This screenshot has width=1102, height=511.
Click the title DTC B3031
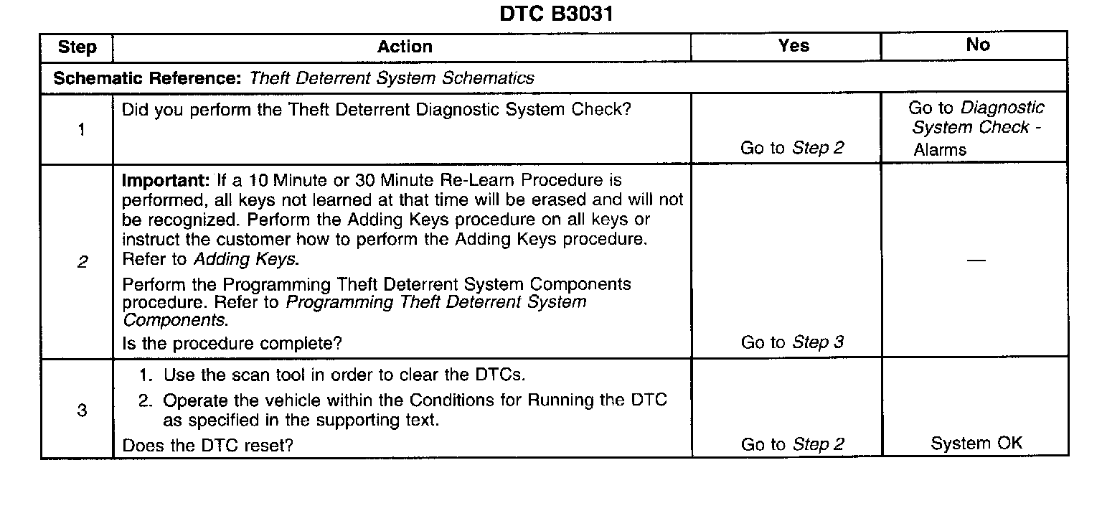(556, 14)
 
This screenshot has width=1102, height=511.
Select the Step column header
(77, 47)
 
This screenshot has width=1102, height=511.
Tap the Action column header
(405, 47)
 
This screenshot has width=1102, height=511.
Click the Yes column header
(794, 45)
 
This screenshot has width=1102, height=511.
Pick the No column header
(978, 44)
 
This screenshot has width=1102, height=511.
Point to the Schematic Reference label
(146, 78)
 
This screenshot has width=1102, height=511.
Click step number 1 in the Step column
(81, 130)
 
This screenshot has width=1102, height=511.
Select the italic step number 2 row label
(81, 263)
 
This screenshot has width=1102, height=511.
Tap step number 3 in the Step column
(81, 411)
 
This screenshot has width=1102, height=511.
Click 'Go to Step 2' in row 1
(792, 148)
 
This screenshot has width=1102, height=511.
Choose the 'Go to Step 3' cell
(792, 342)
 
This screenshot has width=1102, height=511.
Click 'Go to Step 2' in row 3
(792, 445)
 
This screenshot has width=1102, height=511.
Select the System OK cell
(976, 444)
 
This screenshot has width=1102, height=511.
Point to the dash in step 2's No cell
(976, 260)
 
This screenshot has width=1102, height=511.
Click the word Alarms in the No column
(940, 150)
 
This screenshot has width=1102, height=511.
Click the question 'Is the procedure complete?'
(232, 344)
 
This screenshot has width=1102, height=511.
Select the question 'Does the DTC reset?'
(208, 446)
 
